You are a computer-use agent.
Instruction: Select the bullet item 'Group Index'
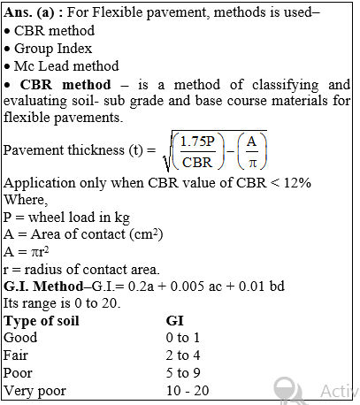click(54, 48)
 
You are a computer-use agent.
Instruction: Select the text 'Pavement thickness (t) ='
click(80, 150)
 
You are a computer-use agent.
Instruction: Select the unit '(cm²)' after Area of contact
click(157, 234)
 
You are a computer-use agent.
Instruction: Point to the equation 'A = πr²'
click(27, 252)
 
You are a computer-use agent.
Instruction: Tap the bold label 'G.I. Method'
click(42, 287)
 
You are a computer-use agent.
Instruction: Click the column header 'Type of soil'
click(42, 320)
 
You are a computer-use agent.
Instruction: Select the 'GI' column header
click(174, 320)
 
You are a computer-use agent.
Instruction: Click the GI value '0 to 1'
click(184, 337)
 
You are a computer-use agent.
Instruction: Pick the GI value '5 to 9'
click(184, 372)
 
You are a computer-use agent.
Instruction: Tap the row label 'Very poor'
click(34, 390)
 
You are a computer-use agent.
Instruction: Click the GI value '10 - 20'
click(189, 390)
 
